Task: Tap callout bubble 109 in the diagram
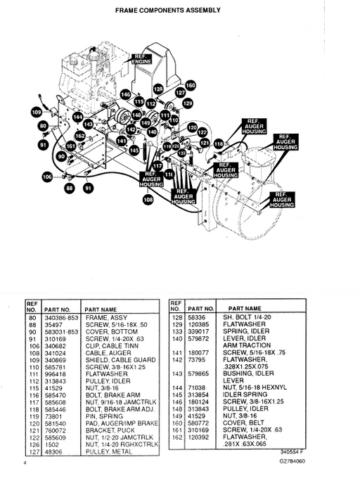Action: point(36,111)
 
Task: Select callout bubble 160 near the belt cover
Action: point(191,85)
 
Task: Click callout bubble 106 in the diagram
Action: point(47,177)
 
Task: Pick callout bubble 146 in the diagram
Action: point(125,94)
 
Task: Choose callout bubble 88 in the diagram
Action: point(69,188)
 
